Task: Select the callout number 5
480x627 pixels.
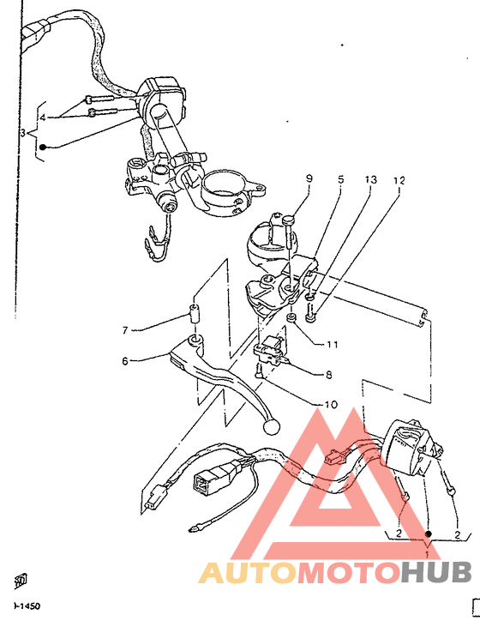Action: point(340,180)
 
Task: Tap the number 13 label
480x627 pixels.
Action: point(370,180)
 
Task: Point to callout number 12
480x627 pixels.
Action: point(399,181)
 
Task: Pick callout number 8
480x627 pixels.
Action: point(328,375)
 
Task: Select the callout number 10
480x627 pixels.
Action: point(330,404)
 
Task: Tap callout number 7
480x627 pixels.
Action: point(125,329)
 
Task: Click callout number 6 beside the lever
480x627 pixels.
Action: point(125,361)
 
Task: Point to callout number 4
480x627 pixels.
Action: point(42,116)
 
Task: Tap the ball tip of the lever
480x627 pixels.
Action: point(272,425)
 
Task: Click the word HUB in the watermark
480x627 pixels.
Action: point(437,572)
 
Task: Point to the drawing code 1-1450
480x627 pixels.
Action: point(26,606)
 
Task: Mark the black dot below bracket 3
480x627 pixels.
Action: point(41,148)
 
